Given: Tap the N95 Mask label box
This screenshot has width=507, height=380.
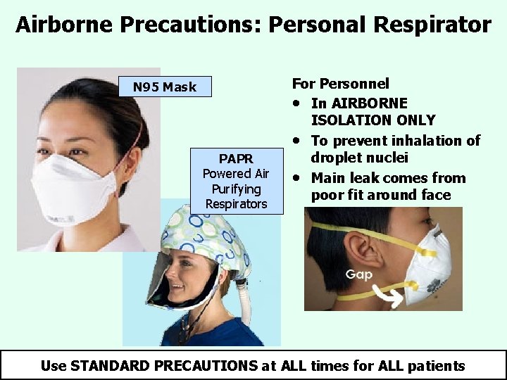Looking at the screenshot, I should click(165, 87).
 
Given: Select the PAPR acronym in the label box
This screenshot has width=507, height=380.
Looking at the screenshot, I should click(236, 158).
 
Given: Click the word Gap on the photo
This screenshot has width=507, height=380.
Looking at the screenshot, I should click(359, 274).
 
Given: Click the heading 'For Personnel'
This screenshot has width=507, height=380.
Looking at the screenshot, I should click(340, 84).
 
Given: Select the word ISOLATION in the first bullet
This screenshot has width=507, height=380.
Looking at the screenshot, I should click(353, 120).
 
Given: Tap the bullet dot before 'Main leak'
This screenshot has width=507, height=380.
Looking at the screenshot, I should click(299, 177).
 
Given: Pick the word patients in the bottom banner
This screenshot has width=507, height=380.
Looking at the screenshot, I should click(436, 365).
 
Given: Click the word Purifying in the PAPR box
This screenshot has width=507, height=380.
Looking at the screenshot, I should click(237, 189).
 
